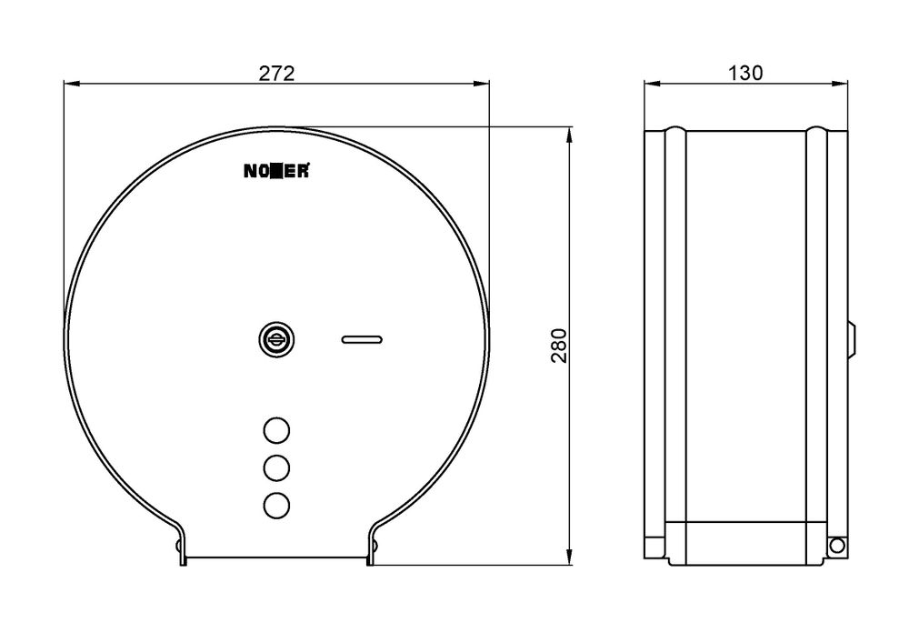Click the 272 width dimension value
[x=276, y=73]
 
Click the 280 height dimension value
[x=559, y=346]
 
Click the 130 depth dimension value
[x=745, y=73]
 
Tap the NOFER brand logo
[x=276, y=171]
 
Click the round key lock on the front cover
[x=276, y=339]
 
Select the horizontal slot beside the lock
[x=362, y=339]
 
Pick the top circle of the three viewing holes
[x=276, y=430]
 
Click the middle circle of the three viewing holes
[x=276, y=467]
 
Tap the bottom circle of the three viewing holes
[x=276, y=505]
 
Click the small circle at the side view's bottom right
[x=836, y=545]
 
